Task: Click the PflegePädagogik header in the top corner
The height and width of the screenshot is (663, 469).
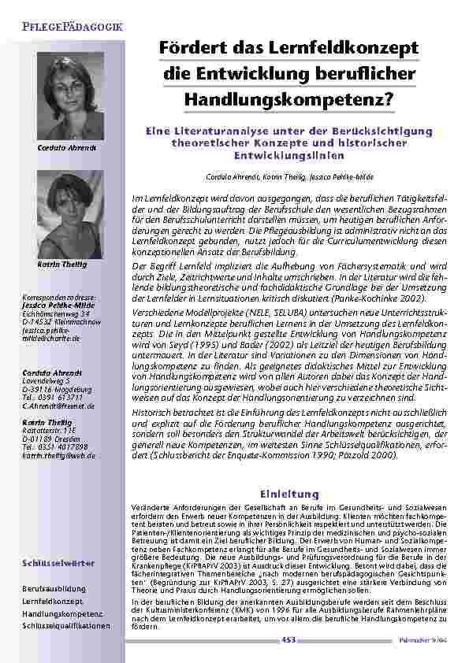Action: [x=66, y=28]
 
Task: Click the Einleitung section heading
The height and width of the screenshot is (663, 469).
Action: [x=294, y=494]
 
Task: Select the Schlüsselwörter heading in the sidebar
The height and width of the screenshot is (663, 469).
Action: [x=59, y=563]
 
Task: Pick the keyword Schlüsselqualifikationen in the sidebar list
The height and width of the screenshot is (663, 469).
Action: [x=67, y=626]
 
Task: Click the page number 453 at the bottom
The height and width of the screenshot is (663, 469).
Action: [x=288, y=641]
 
